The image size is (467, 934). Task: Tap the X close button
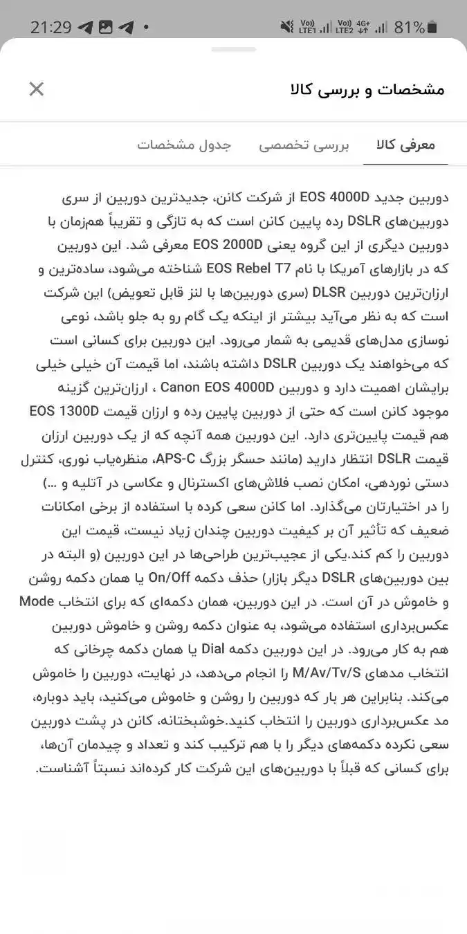coord(37,89)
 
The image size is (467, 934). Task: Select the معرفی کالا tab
coord(405,145)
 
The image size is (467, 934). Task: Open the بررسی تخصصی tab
coord(304,145)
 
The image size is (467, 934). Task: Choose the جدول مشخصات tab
coord(183,145)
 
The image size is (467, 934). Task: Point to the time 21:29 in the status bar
coord(51,28)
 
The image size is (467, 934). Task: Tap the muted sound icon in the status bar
coord(286,28)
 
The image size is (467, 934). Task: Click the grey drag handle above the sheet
coord(233,50)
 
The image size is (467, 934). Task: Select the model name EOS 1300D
coord(65,411)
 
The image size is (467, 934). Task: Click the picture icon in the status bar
coord(105,28)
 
